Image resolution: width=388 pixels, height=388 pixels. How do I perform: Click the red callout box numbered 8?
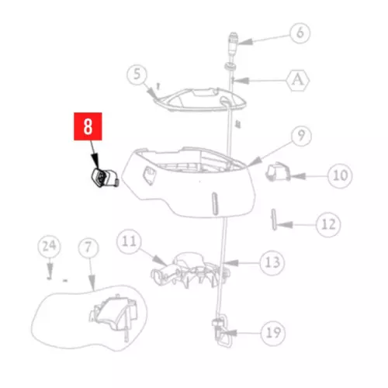(88, 126)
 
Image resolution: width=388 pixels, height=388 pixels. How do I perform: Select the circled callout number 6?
(300, 33)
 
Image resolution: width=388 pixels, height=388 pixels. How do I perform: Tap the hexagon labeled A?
(298, 80)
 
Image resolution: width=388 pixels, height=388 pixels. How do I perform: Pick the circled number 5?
(137, 74)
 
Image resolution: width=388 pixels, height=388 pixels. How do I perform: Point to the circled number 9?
(301, 136)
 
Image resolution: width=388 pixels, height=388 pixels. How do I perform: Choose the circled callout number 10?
(340, 175)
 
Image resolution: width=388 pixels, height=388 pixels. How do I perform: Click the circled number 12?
(328, 224)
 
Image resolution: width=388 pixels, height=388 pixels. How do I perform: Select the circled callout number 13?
(272, 263)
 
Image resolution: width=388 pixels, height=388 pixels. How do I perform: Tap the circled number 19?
(273, 333)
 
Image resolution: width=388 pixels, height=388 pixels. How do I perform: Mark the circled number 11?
(129, 241)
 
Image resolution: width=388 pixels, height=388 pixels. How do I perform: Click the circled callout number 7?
(88, 248)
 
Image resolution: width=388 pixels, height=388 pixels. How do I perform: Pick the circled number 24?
(49, 246)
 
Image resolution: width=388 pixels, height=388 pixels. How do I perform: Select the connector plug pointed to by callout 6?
(234, 42)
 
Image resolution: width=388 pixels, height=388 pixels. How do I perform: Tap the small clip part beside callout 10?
(277, 172)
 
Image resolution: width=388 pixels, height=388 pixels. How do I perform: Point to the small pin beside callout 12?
(274, 220)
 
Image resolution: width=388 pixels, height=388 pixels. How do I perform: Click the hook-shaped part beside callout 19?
(222, 331)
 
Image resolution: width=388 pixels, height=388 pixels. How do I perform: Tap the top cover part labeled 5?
(200, 100)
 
